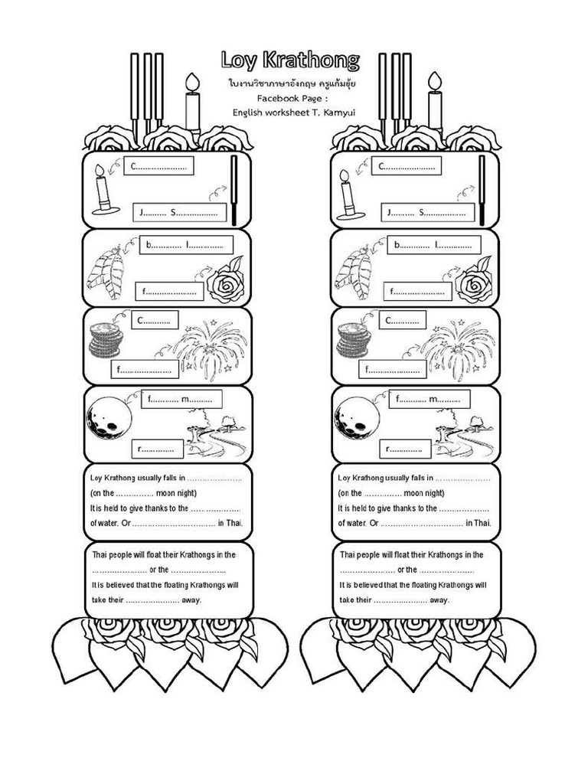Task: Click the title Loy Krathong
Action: [x=290, y=60]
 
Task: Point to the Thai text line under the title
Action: [x=292, y=83]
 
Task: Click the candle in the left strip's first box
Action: [x=103, y=190]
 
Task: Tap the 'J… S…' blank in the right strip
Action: [x=426, y=212]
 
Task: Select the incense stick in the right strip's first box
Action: [x=482, y=190]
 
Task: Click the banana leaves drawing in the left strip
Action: [x=106, y=269]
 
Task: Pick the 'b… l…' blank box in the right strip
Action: [x=433, y=244]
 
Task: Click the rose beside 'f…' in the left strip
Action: [x=225, y=282]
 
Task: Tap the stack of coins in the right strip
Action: [x=354, y=340]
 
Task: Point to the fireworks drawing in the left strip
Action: [x=211, y=345]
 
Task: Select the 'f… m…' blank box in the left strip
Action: [x=181, y=399]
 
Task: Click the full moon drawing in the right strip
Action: [x=357, y=418]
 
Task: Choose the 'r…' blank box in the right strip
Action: [x=405, y=449]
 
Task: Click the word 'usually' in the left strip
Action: [x=149, y=478]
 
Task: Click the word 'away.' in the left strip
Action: [x=191, y=600]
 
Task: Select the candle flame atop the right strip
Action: [x=435, y=81]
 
